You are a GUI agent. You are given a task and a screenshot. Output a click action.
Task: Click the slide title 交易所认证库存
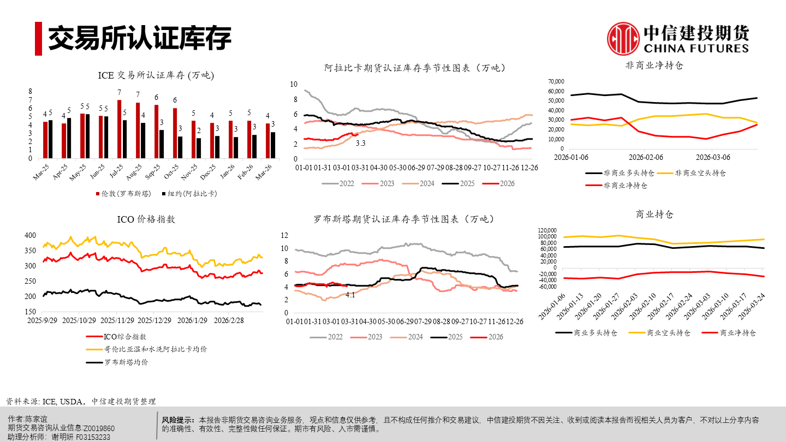pos(139,38)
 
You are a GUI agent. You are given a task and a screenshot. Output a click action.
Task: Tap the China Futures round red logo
pos(624,38)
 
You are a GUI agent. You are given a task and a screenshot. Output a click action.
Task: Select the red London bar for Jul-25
pos(119,129)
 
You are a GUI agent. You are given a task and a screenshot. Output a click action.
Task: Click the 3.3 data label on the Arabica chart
pos(360,143)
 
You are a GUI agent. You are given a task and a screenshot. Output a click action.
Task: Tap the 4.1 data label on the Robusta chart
pos(350,295)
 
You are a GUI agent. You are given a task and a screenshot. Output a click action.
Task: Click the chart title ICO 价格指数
pos(146,219)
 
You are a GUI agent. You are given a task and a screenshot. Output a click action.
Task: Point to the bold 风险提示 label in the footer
pos(178,420)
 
